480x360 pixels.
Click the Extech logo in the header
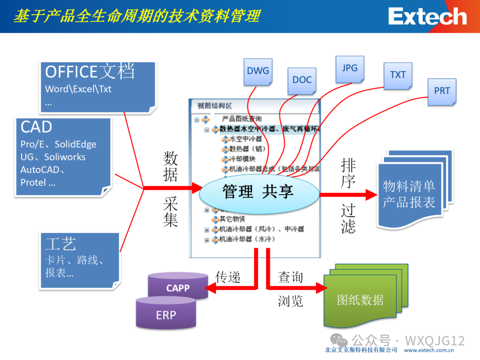427,17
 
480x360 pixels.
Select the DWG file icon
258,71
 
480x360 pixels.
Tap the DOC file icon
302,80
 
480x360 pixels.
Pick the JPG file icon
350,68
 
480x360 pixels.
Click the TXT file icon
398,75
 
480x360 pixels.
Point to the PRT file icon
442,91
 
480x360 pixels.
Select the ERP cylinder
166,315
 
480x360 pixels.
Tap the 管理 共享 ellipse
259,192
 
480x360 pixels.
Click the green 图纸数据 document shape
360,300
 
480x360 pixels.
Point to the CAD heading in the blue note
36,128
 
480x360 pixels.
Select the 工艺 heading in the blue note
61,244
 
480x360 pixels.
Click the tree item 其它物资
232,219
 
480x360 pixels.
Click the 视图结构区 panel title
215,106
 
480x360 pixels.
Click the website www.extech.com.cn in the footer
431,350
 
